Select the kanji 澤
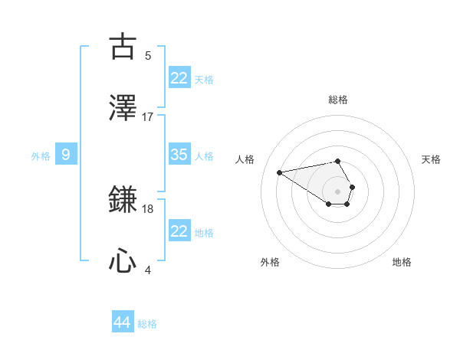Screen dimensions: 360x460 [x=123, y=108]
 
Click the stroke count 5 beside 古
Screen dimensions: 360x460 [x=148, y=55]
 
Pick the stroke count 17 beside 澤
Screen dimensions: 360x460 [x=148, y=116]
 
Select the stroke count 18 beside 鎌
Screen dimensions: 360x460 [x=148, y=208]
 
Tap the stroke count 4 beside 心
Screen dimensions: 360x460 [x=148, y=270]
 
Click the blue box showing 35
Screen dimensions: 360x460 [x=179, y=155]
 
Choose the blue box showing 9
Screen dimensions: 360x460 [x=66, y=155]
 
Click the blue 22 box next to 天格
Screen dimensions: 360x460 [x=179, y=78]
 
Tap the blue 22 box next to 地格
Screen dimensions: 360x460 [x=179, y=231]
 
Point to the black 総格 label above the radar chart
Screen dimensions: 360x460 [x=338, y=100]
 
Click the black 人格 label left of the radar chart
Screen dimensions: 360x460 [x=245, y=159]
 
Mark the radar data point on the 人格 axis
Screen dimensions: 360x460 [x=280, y=172]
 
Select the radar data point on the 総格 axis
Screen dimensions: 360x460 [x=338, y=161]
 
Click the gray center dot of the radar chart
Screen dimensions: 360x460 [x=338, y=190]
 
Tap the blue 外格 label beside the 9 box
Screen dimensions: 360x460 [x=41, y=156]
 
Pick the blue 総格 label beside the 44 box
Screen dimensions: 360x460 [x=147, y=324]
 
